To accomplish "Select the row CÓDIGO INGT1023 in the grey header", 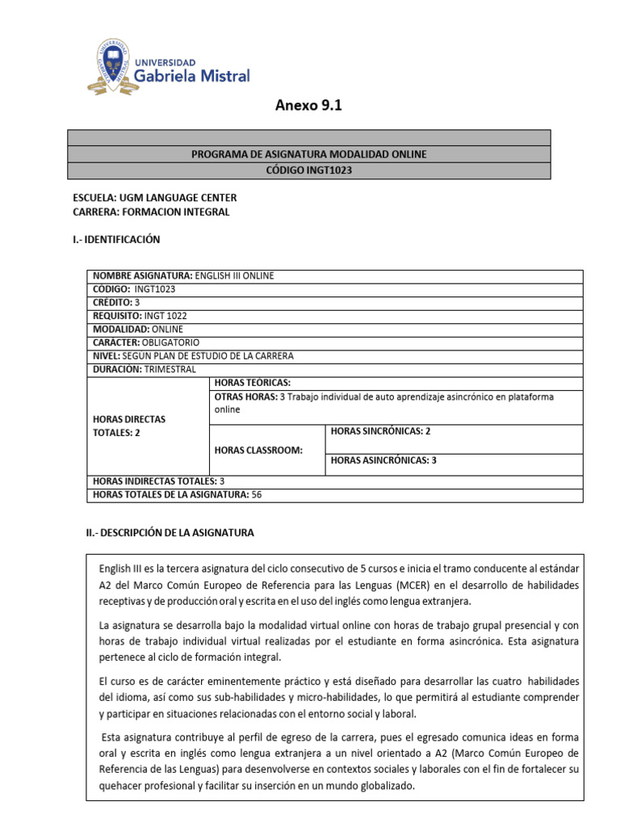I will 309,170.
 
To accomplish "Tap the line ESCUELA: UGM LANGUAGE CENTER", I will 155,198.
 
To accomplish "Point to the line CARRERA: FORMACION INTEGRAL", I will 151,212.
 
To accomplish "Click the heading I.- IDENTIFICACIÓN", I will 116,239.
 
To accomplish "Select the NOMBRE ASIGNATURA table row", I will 184,275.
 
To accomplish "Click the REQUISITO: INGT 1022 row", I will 140,316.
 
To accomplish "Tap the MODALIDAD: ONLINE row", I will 138,330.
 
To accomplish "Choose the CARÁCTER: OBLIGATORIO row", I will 146,342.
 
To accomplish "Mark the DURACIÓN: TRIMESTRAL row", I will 145,369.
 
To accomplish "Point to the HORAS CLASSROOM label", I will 258,450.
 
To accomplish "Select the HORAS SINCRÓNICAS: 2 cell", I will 379,431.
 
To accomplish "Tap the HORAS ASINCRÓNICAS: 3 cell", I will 383,460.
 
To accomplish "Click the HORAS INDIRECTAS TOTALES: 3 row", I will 159,481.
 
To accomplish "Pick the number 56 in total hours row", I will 258,494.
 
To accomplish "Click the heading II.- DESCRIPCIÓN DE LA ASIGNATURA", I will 163,533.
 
